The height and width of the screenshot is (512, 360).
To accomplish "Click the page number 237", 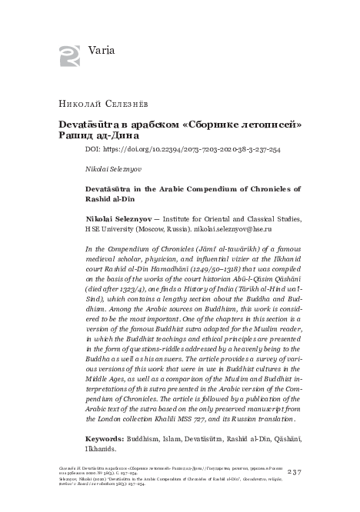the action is [295, 471].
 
